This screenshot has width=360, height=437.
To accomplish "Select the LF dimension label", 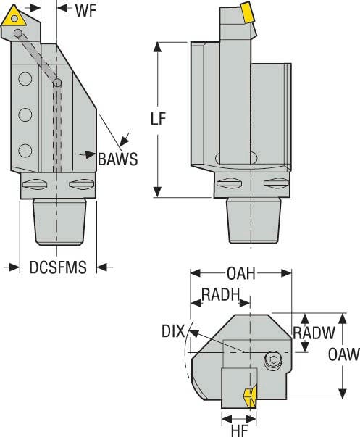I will [165, 120].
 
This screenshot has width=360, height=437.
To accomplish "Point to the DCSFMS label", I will [58, 267].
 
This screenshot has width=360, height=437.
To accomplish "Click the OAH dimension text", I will [240, 273].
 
